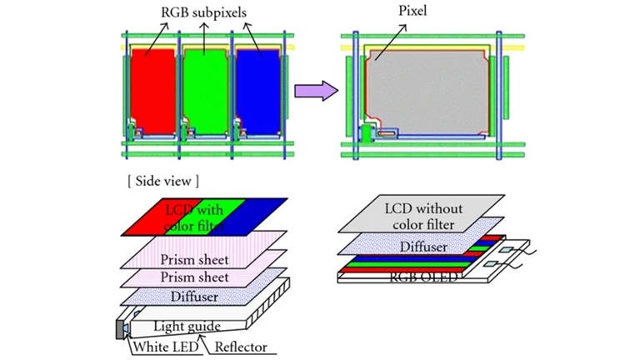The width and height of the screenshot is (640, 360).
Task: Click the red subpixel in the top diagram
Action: (x=153, y=92)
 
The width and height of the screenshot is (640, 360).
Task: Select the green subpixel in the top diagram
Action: (x=206, y=92)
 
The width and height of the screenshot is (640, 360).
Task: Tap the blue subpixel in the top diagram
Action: (x=258, y=92)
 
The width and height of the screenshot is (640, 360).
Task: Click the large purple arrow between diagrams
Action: (x=317, y=91)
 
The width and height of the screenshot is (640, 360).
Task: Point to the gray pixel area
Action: (x=427, y=92)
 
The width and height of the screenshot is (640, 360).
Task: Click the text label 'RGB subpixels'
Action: (x=203, y=12)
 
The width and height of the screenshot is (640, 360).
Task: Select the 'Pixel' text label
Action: (x=412, y=11)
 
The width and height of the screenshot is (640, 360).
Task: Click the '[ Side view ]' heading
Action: (x=163, y=181)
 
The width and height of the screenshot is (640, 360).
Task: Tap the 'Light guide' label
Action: (x=187, y=326)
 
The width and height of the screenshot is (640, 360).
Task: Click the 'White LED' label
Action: (x=165, y=347)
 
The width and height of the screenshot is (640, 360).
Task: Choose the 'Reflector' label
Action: (x=241, y=347)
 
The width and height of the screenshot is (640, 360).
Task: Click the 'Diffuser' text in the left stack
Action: (x=194, y=297)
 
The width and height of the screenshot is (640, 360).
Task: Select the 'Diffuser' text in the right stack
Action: (x=423, y=247)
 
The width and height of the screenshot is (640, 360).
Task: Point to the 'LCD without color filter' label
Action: (x=423, y=217)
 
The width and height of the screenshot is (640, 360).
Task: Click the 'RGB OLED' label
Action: (x=422, y=277)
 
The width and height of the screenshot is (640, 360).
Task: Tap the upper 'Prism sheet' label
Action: (x=194, y=260)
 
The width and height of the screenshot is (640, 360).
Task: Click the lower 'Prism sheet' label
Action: (x=194, y=277)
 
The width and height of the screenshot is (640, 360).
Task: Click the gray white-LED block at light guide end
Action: (x=120, y=330)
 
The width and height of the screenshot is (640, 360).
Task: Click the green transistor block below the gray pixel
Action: (x=366, y=133)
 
